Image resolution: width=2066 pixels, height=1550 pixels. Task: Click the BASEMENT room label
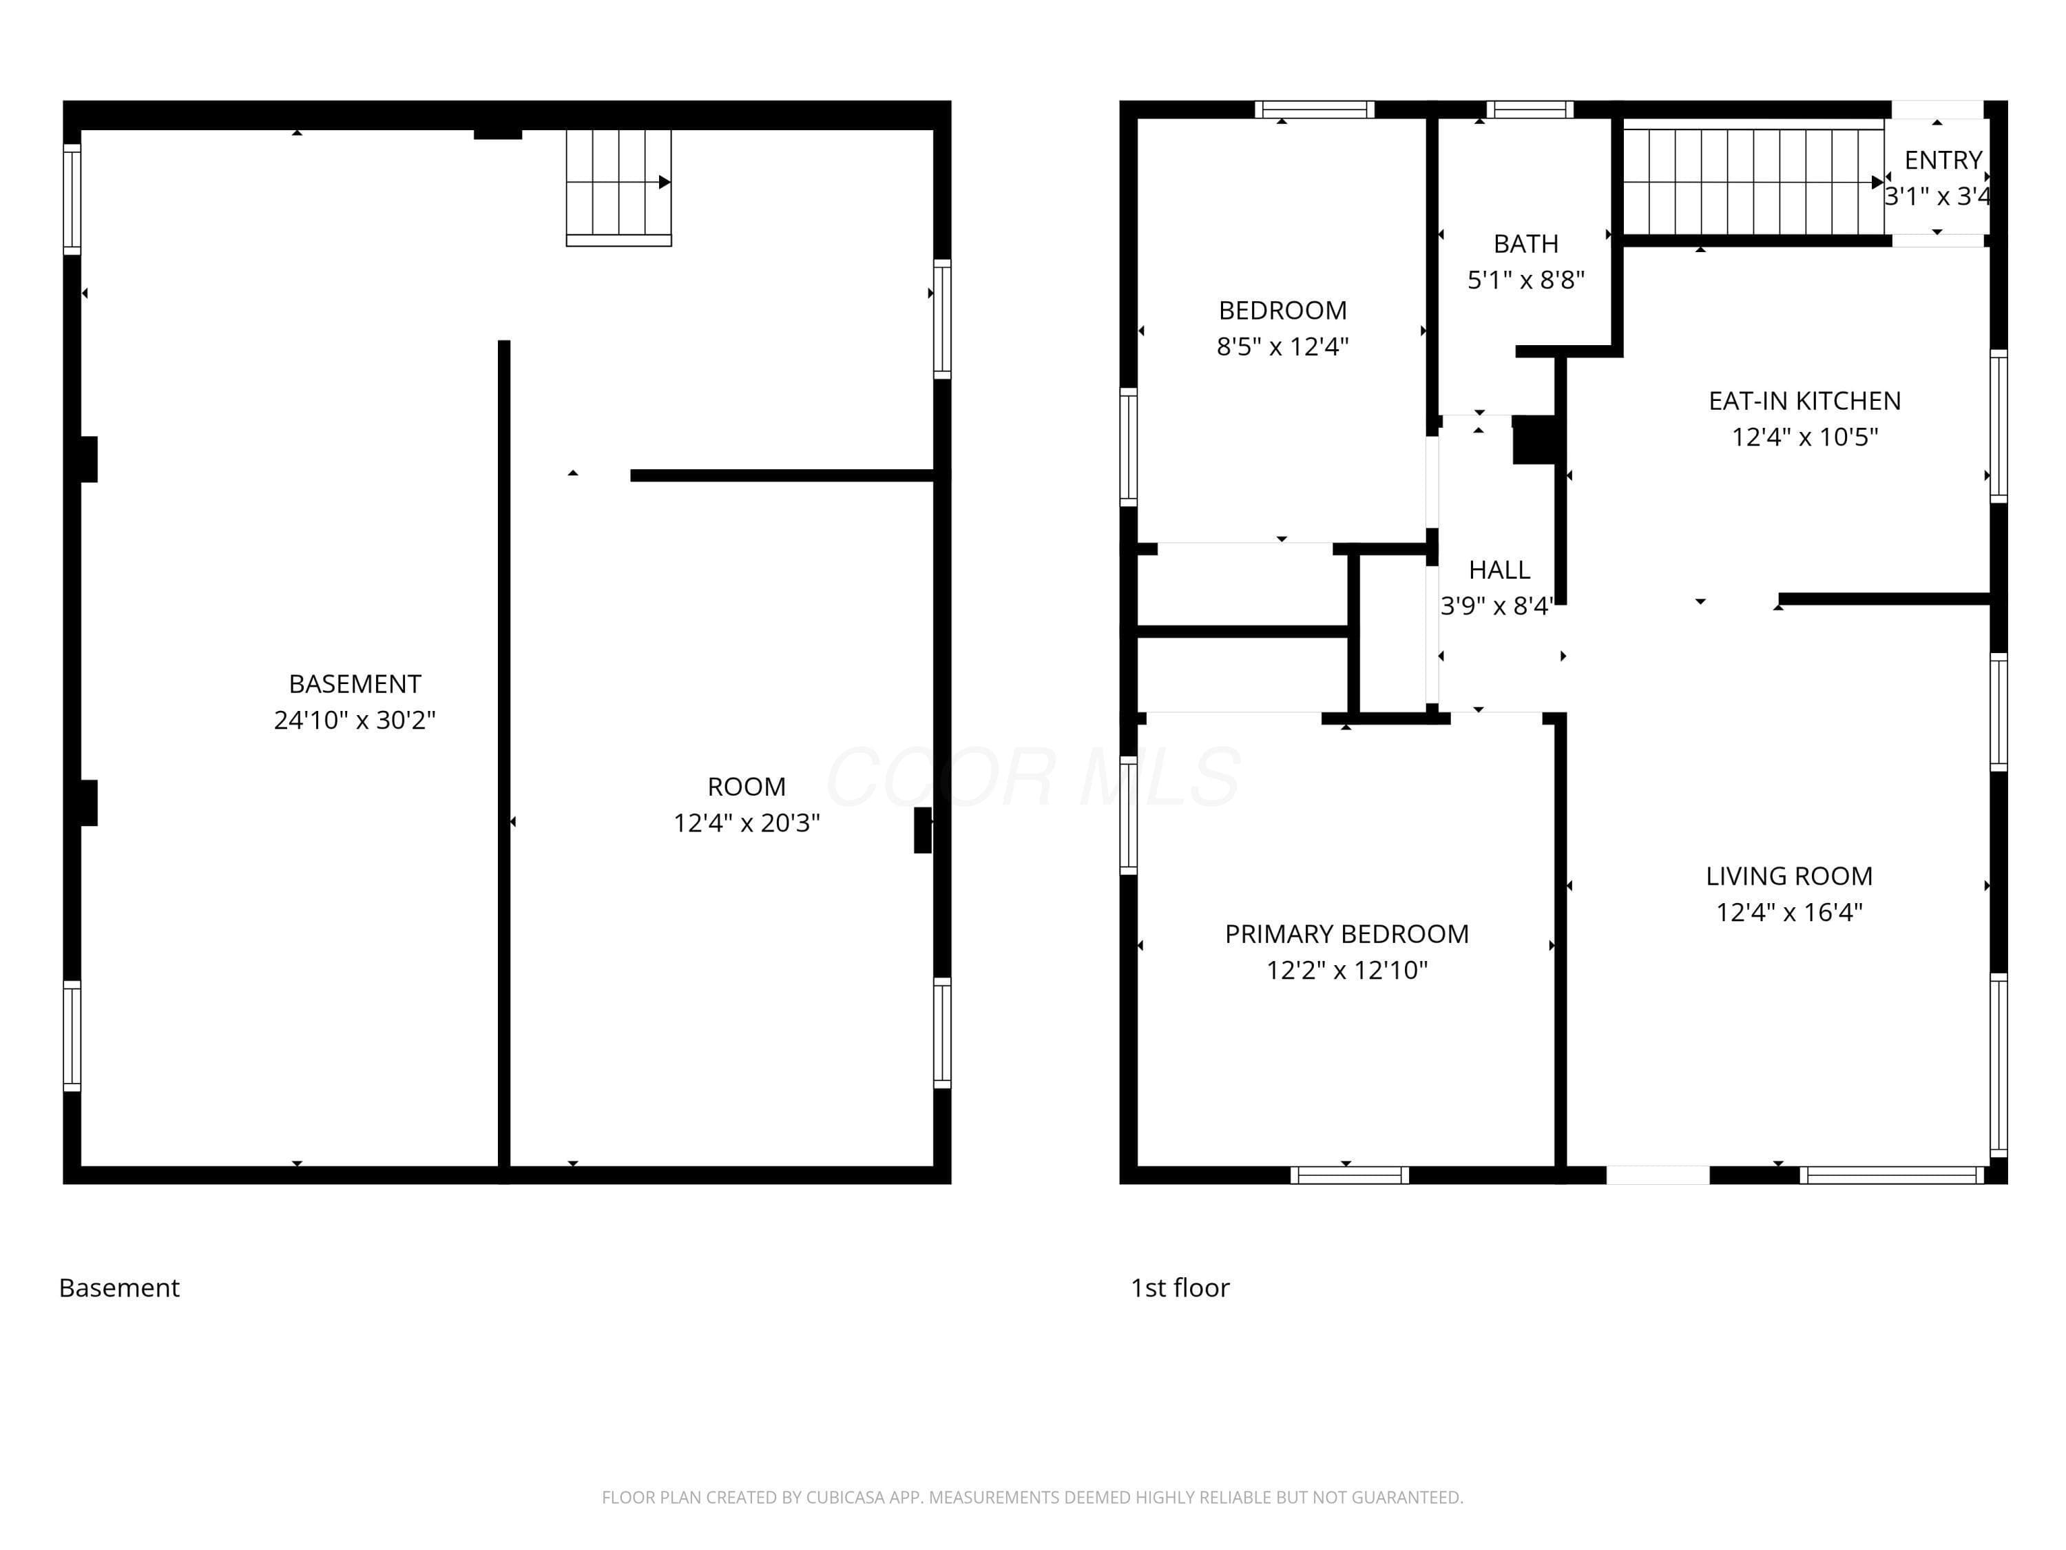pos(355,684)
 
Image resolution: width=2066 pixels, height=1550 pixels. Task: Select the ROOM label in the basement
pos(747,787)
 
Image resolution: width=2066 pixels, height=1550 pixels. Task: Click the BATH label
pos(1526,244)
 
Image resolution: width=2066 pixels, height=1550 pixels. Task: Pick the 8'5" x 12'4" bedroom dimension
pos(1282,347)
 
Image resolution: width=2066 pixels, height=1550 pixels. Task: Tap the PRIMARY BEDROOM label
pos(1347,933)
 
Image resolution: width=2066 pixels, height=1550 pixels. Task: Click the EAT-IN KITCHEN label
pos(1804,401)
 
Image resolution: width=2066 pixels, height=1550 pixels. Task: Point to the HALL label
pos(1499,570)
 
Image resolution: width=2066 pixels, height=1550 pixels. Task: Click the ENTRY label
pos(1943,161)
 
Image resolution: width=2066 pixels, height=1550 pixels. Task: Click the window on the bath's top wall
pos(1530,110)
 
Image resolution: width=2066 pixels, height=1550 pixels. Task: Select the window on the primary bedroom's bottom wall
pos(1350,1175)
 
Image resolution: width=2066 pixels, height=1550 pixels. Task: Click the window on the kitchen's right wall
pos(1999,426)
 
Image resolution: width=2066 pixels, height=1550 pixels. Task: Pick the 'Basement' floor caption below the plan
pos(120,1288)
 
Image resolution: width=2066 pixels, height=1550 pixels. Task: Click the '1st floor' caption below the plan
pos(1180,1288)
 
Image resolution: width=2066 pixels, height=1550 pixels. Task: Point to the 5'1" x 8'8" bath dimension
pos(1526,280)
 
